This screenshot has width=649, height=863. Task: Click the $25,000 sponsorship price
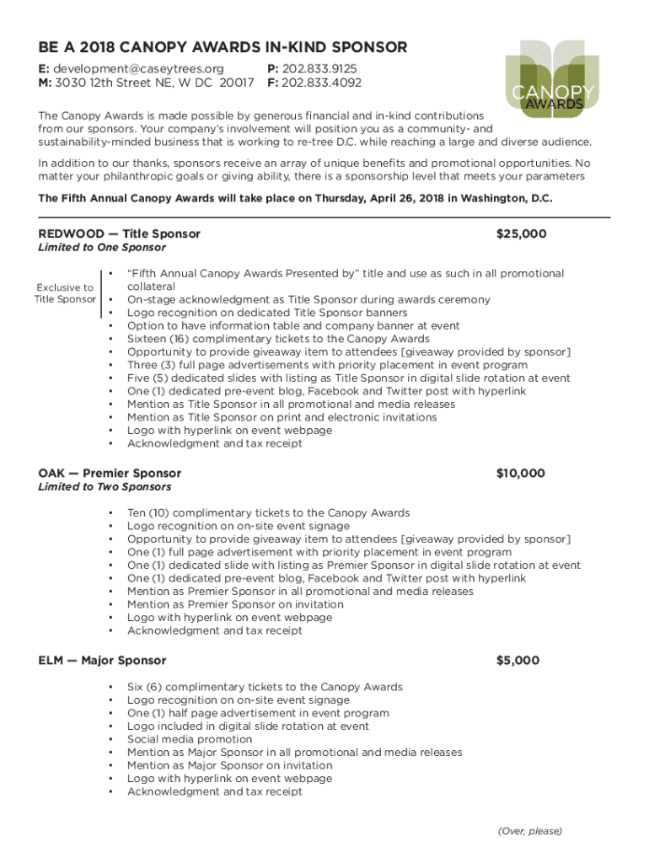[522, 233]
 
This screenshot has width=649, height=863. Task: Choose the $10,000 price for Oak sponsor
[520, 474]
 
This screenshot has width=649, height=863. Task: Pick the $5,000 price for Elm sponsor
[518, 661]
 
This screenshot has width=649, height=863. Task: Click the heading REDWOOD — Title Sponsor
[119, 233]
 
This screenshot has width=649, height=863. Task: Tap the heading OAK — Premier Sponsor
[110, 474]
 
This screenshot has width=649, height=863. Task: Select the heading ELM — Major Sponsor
[102, 661]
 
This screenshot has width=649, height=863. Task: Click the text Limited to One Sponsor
[102, 248]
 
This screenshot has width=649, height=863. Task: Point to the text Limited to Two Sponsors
[105, 487]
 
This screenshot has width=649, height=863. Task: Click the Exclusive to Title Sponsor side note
[64, 293]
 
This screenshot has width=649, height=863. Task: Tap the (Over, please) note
[529, 831]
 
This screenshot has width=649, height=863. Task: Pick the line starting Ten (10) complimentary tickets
[268, 512]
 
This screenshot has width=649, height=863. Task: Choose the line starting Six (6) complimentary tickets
[265, 687]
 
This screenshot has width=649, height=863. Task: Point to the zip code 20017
[237, 83]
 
